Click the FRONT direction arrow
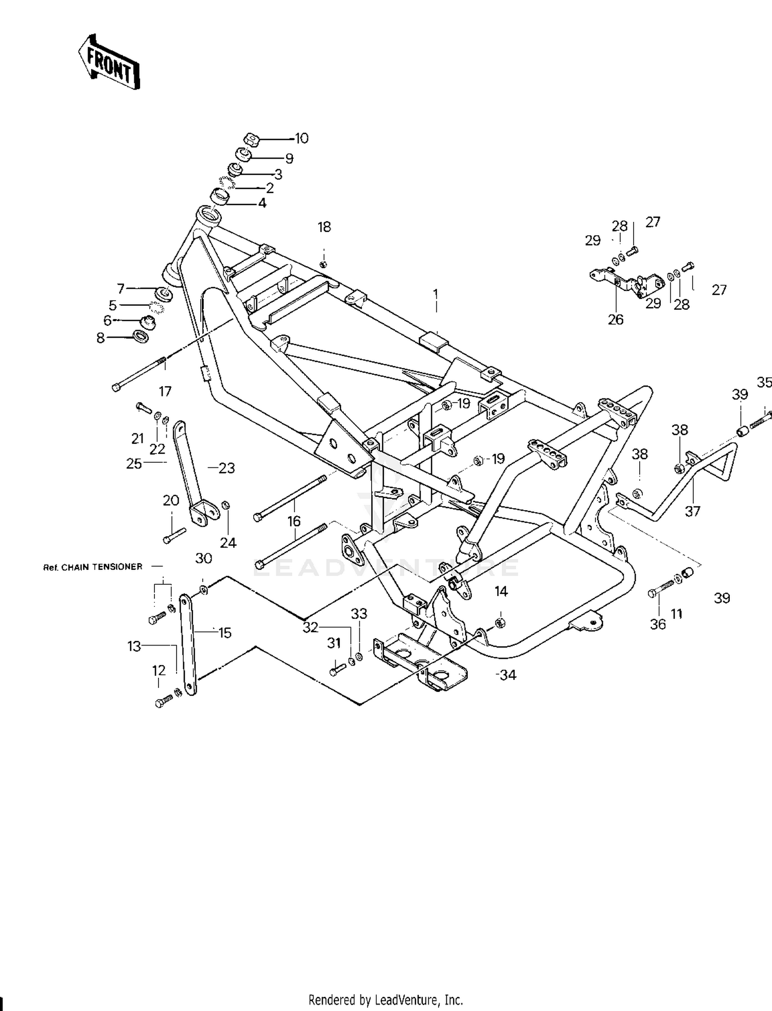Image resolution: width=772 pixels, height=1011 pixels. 109,62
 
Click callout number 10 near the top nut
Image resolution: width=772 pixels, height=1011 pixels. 301,138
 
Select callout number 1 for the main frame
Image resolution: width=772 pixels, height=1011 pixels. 436,295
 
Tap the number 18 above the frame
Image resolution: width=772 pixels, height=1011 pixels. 324,227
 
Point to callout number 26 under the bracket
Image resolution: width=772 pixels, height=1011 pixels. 616,320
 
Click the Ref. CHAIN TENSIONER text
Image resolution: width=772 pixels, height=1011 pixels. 93,567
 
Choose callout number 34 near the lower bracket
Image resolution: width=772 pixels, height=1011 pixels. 508,674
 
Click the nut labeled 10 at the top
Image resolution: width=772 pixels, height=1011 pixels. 250,140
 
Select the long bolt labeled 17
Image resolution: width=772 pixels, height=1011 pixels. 139,373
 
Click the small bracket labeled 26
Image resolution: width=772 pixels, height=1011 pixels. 626,282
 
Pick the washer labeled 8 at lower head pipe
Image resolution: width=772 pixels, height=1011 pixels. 141,336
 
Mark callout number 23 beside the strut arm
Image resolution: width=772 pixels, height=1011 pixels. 227,468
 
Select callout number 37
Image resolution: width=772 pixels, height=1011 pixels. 693,511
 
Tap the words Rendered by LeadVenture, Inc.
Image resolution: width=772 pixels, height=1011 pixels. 385,1000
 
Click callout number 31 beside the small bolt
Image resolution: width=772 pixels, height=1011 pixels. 334,643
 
